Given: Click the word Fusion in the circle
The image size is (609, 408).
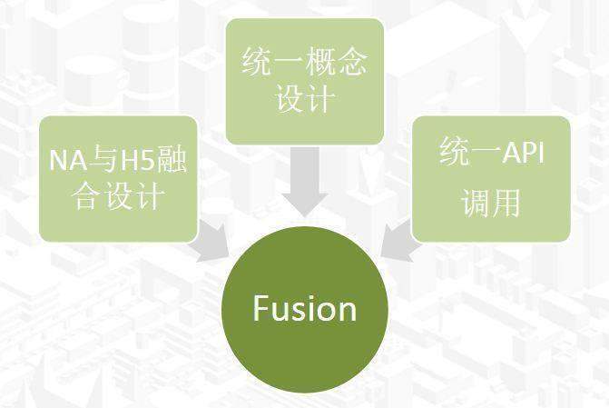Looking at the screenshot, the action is click(x=305, y=308).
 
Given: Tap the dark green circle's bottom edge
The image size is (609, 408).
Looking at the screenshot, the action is click(x=305, y=393).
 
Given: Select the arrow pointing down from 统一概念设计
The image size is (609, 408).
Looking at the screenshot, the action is click(x=305, y=181).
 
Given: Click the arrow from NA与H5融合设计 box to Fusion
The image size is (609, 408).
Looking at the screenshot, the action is click(x=212, y=241).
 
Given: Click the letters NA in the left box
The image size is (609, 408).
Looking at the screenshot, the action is click(x=68, y=160).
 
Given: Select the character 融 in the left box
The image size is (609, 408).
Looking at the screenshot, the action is click(x=172, y=159).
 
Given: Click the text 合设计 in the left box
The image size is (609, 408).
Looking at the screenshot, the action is click(x=118, y=196).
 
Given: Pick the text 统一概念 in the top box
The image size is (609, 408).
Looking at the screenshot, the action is click(x=305, y=62).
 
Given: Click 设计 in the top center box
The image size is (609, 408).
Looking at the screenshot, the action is click(x=305, y=99).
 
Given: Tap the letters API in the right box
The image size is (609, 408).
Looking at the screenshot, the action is click(x=523, y=153).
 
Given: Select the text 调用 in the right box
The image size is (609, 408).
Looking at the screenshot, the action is click(x=490, y=203).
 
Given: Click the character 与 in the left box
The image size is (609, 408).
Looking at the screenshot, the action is click(x=103, y=159).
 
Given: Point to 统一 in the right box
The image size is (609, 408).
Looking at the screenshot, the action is click(x=470, y=152).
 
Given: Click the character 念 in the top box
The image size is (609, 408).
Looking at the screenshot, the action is click(x=352, y=62).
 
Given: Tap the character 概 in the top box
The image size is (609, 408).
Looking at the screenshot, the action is click(x=320, y=62).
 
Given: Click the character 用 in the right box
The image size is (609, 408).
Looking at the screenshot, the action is click(x=506, y=203).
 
